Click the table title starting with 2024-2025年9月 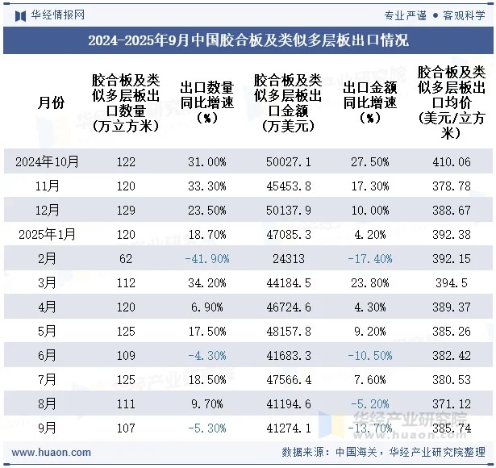point(248,40)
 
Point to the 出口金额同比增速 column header point(370,102)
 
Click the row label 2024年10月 point(48,162)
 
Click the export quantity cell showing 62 point(126,259)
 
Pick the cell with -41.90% point(207,259)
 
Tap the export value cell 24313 point(289,259)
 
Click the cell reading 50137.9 point(289,211)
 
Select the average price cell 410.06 point(451,162)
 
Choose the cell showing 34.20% point(207,283)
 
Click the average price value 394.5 point(451,283)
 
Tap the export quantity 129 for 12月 point(126,211)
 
